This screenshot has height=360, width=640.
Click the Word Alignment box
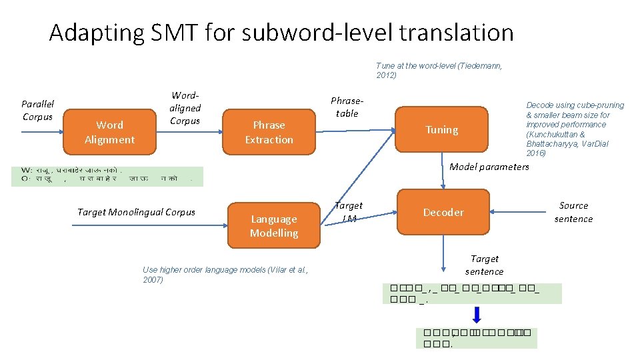coord(109,132)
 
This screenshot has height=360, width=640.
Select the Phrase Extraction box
coord(269,132)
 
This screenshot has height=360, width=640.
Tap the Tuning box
coord(442,129)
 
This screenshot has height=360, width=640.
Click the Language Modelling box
coord(274,225)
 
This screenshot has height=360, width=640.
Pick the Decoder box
coord(443,212)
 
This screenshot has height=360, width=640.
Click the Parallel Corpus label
coord(37,110)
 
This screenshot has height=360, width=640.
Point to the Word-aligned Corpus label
coord(185,109)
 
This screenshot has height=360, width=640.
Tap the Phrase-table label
coord(347,107)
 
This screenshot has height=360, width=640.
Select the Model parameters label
coord(489,167)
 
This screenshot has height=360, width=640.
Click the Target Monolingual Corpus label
coord(136,212)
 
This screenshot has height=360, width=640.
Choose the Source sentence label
coord(573,212)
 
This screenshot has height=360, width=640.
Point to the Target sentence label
coord(485,265)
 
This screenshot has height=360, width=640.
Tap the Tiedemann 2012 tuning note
coord(439,70)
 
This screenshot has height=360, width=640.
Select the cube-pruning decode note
coord(575,129)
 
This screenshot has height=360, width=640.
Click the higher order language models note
coord(225,274)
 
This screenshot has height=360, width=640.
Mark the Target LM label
coord(348,212)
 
